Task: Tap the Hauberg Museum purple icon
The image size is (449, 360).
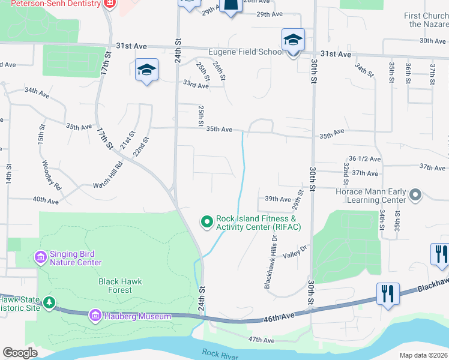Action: [95, 315]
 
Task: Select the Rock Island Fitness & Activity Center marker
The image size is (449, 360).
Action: [207, 223]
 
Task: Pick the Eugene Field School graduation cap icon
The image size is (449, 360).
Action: [293, 41]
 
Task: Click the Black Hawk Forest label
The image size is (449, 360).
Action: [116, 286]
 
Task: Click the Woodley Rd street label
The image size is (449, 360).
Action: [52, 175]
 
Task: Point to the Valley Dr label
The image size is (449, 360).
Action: [295, 253]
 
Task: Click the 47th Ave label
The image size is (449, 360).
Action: [261, 340]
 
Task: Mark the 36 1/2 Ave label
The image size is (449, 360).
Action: [365, 159]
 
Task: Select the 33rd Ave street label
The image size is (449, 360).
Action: [196, 86]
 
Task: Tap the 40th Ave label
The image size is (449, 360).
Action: [46, 200]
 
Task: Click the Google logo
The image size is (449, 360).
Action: [20, 353]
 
